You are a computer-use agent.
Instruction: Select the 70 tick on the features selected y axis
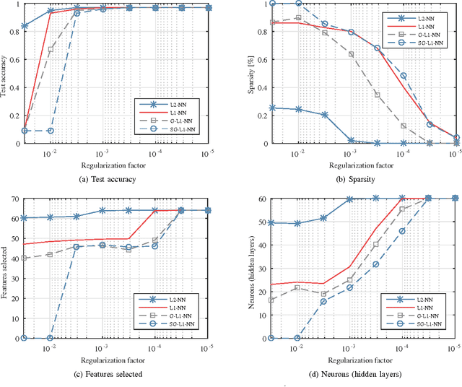pyautogui.click(x=16, y=198)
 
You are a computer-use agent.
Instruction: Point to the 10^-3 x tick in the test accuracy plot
pyautogui.click(x=103, y=155)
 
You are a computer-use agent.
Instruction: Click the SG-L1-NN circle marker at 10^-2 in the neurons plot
pyautogui.click(x=297, y=338)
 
